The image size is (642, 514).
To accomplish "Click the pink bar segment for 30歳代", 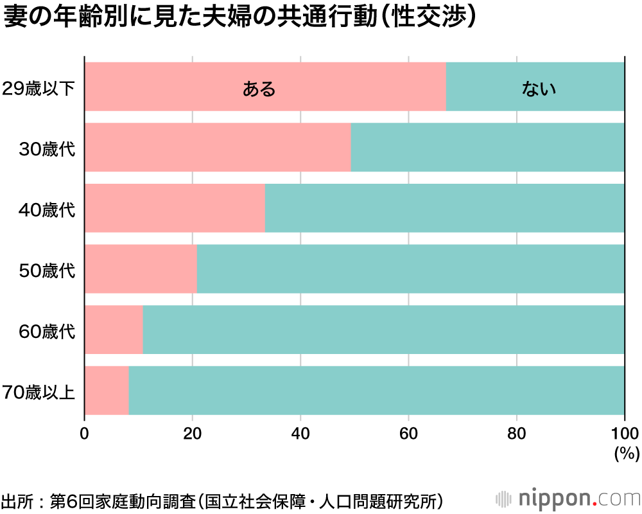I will pos(218,147).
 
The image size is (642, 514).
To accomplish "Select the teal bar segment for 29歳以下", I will pos(535,87).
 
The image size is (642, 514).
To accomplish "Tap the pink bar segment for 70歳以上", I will pos(107,390).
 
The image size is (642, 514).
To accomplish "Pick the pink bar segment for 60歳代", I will pos(114,330).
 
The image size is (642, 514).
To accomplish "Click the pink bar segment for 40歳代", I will pos(175,208).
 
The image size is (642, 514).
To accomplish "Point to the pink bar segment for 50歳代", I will pos(141,269).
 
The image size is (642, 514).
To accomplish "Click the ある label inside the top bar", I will pos(259,89).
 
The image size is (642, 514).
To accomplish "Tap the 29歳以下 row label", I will pos(39,89).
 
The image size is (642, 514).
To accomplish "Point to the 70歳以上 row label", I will pos(39,391).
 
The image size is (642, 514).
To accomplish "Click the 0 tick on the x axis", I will pos(84,432).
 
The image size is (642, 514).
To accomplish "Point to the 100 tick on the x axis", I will pos(624,432).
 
